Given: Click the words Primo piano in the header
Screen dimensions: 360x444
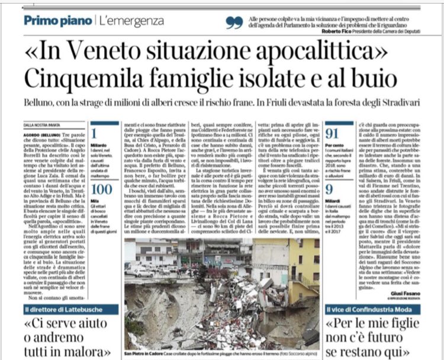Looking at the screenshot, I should (57, 21).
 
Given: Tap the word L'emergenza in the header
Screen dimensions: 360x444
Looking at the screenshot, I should (131, 21).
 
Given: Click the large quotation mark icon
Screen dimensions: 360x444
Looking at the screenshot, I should (234, 22).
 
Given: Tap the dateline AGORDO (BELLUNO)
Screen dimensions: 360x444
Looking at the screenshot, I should (46, 134).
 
